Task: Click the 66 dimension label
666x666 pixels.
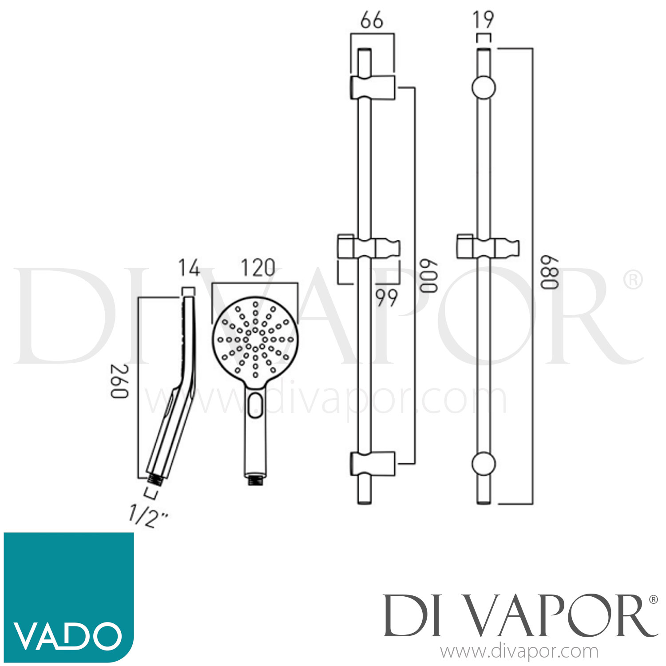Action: point(372,20)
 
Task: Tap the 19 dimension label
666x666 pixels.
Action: point(483,20)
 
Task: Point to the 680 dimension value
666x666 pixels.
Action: point(548,272)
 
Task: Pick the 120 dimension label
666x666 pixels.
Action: point(258,268)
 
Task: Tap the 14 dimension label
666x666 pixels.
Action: point(189,268)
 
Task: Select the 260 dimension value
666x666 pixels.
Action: point(119,381)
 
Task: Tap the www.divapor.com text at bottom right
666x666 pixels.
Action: point(519,652)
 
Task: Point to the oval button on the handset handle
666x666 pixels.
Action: point(255,404)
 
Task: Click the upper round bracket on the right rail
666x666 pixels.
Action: point(483,87)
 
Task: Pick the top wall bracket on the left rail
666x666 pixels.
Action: point(373,87)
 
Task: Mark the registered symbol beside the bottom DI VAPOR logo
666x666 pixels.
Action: point(653,599)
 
